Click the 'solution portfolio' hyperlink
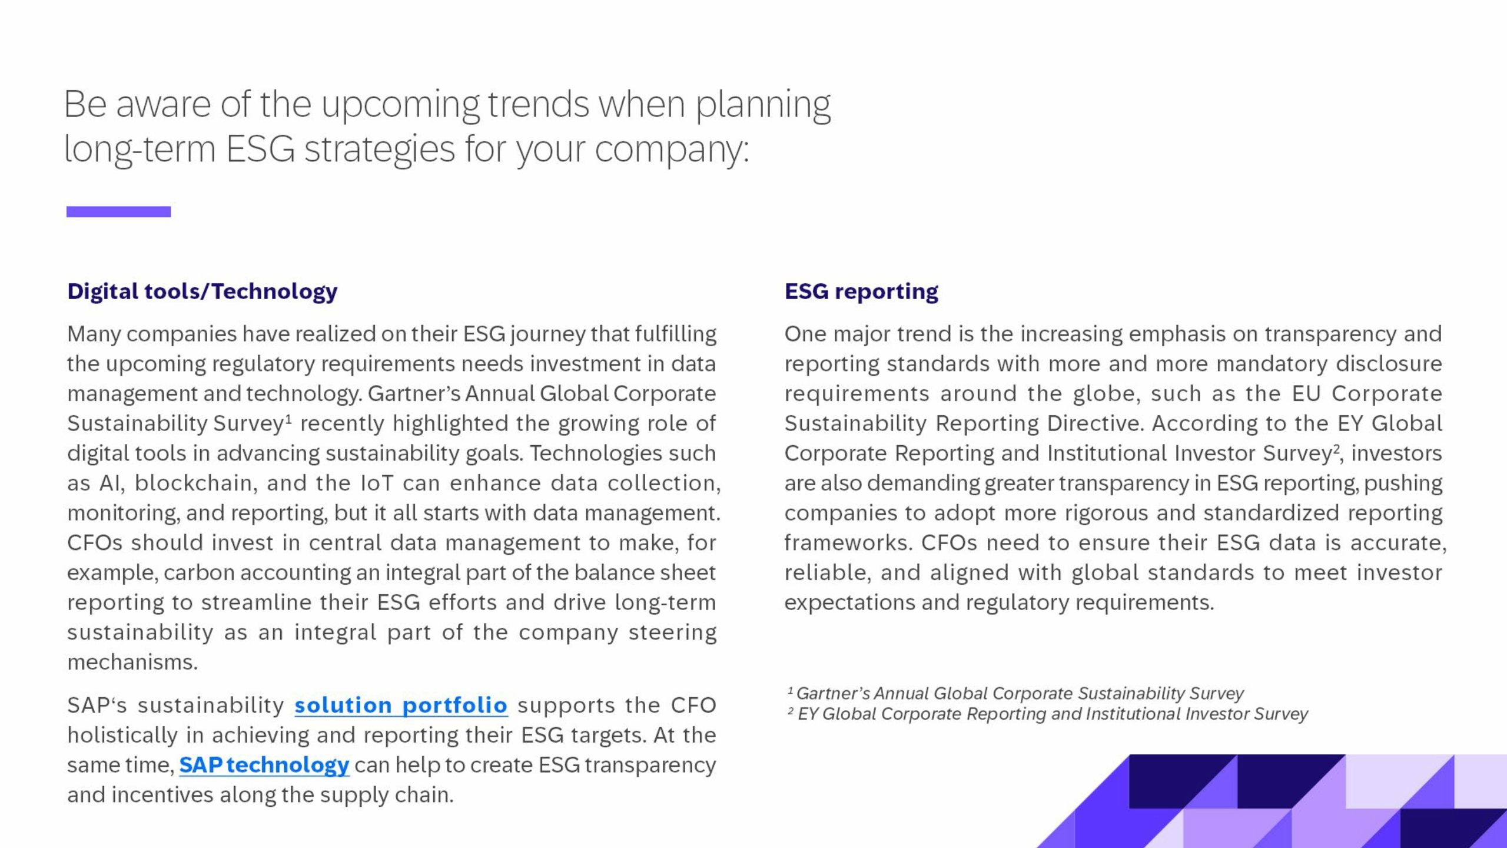[401, 705]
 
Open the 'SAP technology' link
[264, 765]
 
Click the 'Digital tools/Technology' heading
[203, 291]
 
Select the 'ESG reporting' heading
[861, 291]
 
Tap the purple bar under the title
[118, 212]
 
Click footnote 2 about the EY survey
[1048, 714]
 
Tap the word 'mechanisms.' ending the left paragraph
[132, 662]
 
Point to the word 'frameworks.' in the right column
[848, 542]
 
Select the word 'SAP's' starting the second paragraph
[97, 705]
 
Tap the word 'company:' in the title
[672, 150]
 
